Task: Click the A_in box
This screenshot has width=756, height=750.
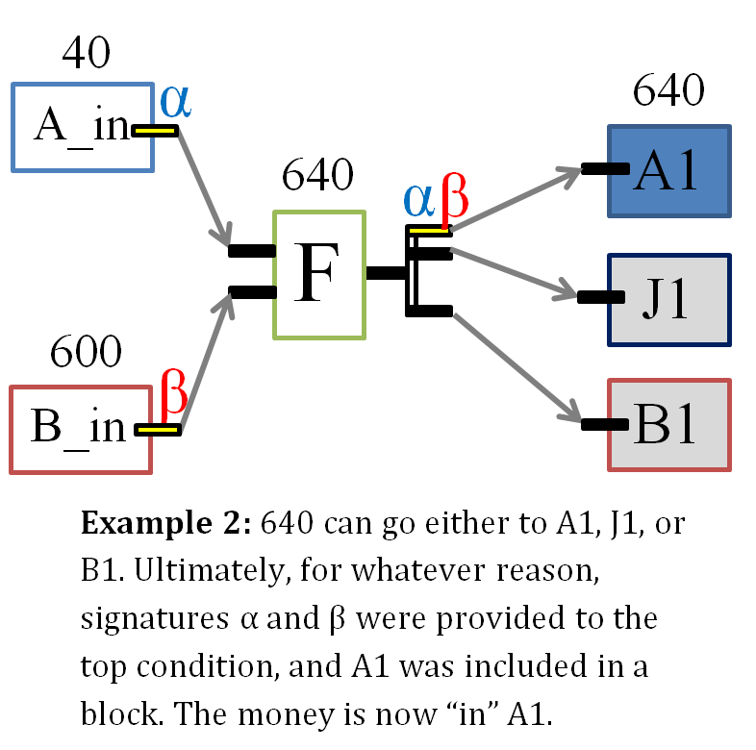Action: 82,127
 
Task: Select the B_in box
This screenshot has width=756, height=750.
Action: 81,429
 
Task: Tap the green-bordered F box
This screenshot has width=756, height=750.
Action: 319,275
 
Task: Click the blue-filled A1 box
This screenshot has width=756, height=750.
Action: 668,170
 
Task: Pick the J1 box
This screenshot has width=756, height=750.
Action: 668,299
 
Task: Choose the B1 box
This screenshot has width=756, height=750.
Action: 668,425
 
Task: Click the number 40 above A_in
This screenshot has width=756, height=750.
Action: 87,54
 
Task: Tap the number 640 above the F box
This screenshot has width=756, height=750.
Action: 317,176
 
